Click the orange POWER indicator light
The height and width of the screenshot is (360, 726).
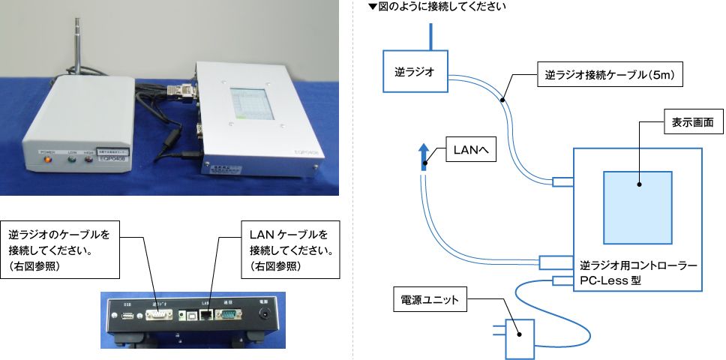pos(49,159)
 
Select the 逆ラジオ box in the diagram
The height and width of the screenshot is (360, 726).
pos(415,72)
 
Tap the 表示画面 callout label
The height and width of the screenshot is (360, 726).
pos(691,120)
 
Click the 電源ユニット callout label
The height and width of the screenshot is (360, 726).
pos(430,302)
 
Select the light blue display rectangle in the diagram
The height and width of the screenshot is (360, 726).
pos(637,206)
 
